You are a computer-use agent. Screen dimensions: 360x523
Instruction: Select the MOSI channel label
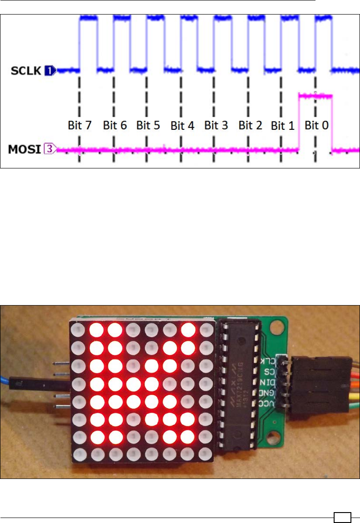pos(26,148)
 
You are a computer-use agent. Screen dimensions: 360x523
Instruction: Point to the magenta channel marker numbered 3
pos(49,148)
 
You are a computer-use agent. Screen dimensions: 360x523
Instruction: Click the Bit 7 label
pos(80,126)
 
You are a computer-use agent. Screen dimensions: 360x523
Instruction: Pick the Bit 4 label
pos(182,126)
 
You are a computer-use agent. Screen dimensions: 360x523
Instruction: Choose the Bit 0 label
pos(316,126)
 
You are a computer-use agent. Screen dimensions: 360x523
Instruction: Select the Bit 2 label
pos(250,126)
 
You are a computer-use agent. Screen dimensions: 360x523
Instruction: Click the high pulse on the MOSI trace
pos(316,96)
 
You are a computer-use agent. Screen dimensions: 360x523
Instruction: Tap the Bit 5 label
pos(148,126)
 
